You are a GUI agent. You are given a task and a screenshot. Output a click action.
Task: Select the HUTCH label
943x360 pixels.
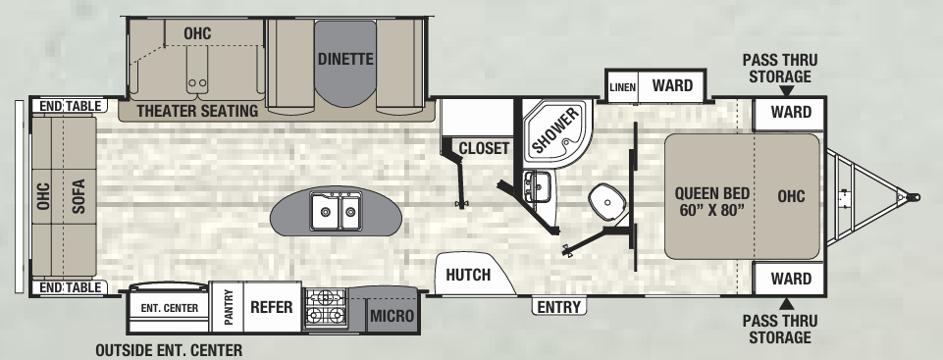468,275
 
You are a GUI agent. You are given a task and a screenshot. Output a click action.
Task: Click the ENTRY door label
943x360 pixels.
558,307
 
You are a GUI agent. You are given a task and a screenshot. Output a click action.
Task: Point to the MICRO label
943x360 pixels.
392,317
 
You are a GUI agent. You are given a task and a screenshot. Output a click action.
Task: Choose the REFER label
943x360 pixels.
272,307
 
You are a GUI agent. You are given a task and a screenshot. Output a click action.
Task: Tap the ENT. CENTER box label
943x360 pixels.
170,308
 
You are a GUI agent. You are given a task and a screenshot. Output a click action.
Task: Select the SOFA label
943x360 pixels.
79,195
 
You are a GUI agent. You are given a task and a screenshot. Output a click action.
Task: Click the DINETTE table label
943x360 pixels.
345,59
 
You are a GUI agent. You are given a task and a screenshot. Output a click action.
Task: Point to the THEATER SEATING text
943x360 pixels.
197,111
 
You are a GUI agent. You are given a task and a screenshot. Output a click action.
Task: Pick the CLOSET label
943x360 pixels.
484,149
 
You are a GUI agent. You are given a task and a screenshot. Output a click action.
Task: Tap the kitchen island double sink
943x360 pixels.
334,209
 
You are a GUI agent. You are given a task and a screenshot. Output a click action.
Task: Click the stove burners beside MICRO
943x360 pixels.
326,307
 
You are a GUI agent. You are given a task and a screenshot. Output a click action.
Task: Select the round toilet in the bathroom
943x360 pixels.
608,203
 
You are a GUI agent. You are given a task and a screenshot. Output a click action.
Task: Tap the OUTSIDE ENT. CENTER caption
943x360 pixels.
168,349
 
